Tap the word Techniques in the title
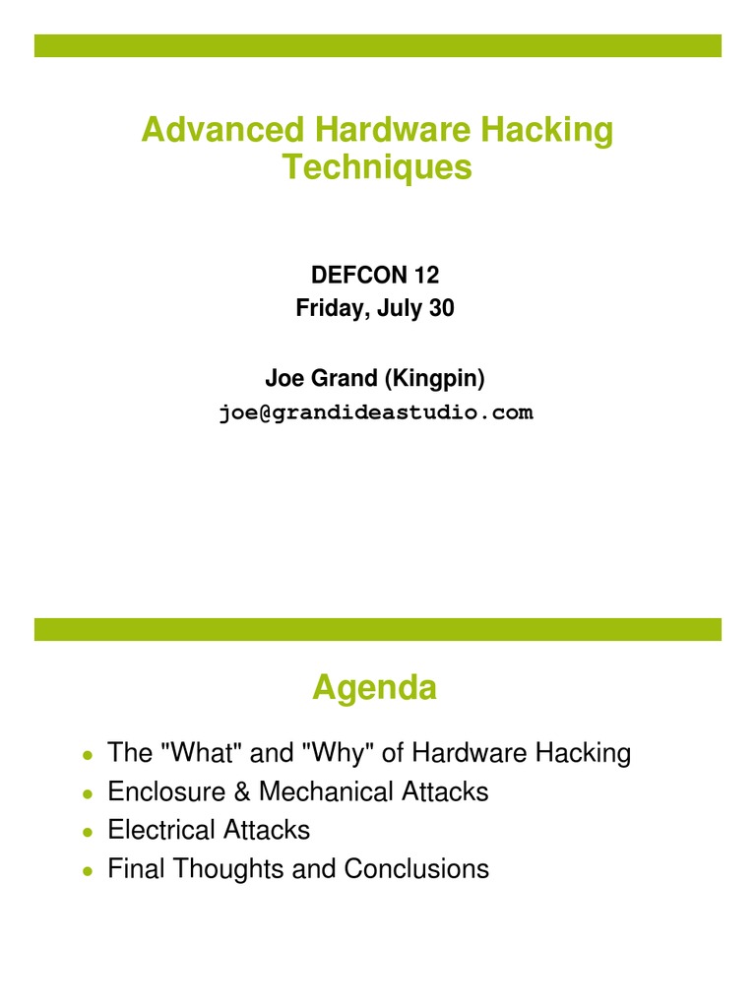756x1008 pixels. (377, 167)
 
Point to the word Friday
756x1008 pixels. (328, 308)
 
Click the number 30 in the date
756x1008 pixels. (441, 308)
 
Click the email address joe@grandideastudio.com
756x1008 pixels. (376, 413)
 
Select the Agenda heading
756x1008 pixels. (374, 689)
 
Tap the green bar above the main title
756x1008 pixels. (378, 45)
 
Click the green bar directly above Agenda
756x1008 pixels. (378, 629)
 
